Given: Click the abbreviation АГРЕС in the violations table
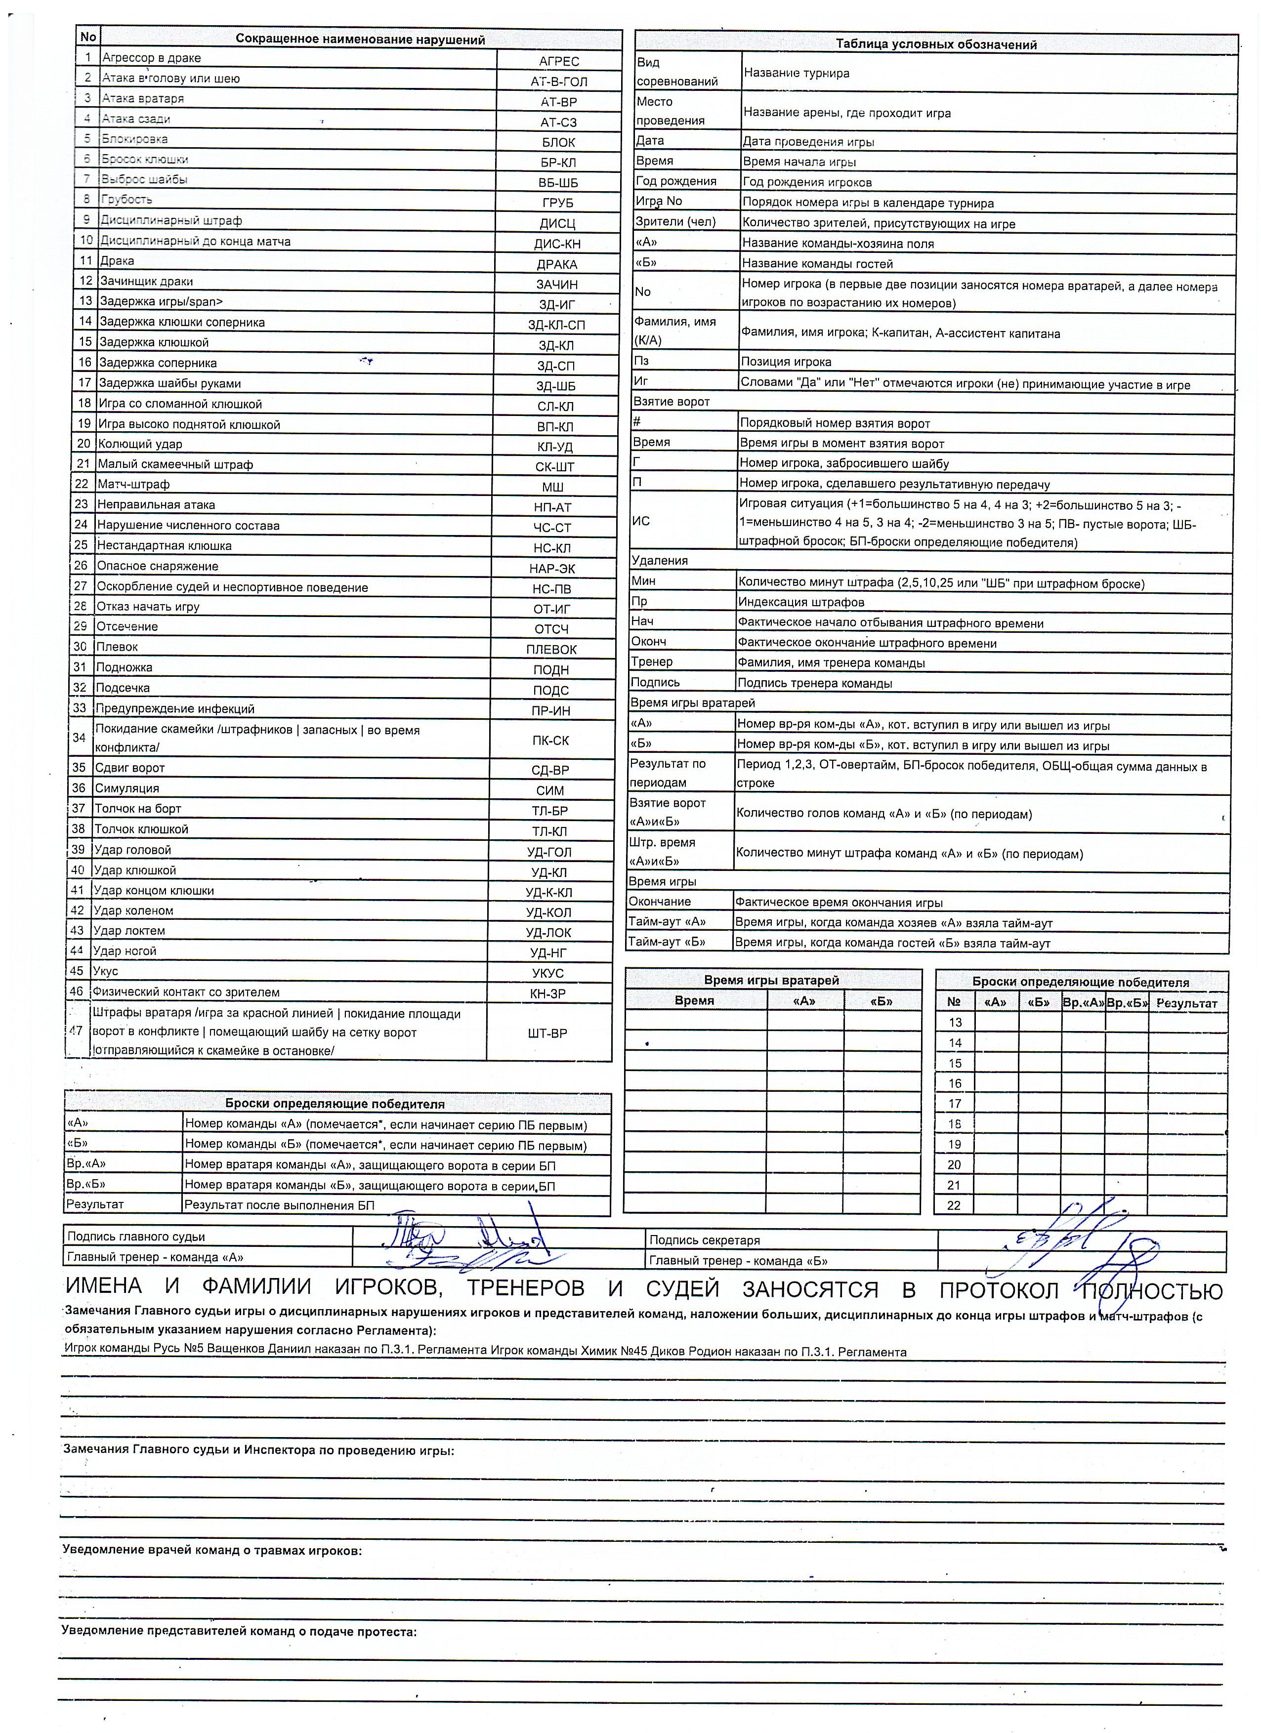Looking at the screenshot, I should point(559,61).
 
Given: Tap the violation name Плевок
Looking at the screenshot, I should point(117,647).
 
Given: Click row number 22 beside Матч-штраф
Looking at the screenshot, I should point(81,484).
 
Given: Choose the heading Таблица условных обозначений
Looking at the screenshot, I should point(935,44).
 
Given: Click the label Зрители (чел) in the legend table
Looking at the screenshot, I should point(675,222).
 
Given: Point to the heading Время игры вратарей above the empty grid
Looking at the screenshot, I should point(771,980).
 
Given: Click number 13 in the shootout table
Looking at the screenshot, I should point(955,1023).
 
